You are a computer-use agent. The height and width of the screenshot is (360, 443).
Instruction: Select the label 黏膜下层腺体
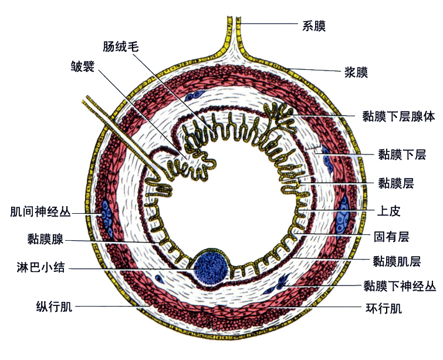(398, 116)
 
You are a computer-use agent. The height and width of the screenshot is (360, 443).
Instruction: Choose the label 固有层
(391, 237)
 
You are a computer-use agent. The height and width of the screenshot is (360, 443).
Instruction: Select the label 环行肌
(383, 307)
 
